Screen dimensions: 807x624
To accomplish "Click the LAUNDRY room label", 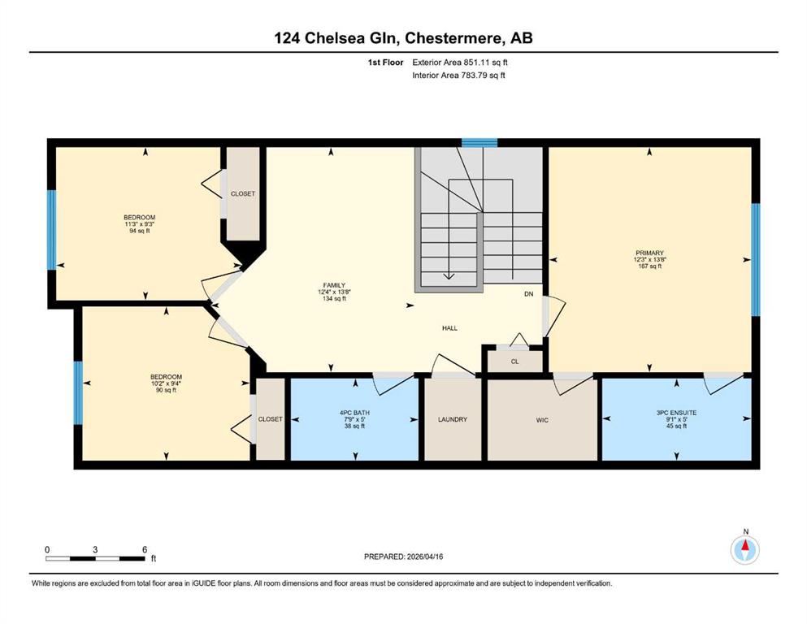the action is tap(453, 419).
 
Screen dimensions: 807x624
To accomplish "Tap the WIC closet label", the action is tap(542, 420).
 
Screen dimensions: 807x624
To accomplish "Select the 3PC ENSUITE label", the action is tap(676, 413).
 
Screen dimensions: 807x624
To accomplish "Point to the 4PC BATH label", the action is tap(354, 413).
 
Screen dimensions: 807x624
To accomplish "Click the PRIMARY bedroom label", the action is tap(649, 253).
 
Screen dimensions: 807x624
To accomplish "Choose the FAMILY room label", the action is tap(334, 285).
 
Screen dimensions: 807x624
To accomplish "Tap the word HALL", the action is tap(449, 327).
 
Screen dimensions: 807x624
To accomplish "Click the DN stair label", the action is tap(528, 294).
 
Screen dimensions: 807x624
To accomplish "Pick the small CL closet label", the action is tap(514, 362).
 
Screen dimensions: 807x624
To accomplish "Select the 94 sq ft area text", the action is tap(139, 231).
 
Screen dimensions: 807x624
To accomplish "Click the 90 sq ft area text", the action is tap(166, 390).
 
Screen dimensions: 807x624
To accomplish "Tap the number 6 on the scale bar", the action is tap(145, 549).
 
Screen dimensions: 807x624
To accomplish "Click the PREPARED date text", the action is tap(403, 557).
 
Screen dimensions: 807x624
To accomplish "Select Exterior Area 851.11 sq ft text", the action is tap(460, 63).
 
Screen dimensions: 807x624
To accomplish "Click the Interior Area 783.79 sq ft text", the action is tap(458, 75).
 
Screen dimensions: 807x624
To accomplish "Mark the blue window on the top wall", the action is tap(479, 142).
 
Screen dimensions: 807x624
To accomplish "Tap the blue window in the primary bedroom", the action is tap(756, 260).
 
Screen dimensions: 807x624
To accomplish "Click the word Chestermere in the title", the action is tap(454, 38).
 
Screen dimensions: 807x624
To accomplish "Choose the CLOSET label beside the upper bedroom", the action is tap(243, 194).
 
